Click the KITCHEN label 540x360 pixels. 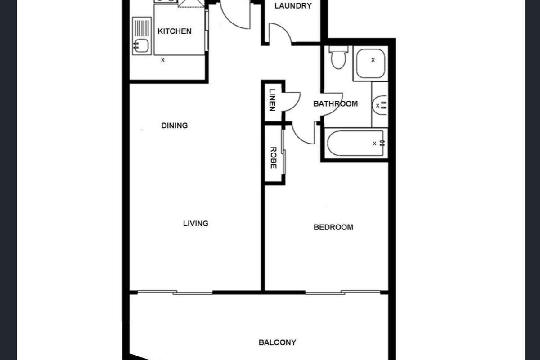pos(174,31)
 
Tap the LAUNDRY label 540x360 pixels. pos(293,6)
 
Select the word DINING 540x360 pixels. pos(174,126)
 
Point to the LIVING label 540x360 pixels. pos(196,223)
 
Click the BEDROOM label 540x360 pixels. pos(333,227)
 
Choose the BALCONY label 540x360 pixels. pos(277,342)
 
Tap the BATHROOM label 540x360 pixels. pos(335,103)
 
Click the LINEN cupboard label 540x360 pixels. pos(272,100)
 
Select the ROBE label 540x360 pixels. pos(273,158)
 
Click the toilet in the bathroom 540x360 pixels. pos(337,58)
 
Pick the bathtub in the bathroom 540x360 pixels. pos(355,143)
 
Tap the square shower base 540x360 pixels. pos(371,64)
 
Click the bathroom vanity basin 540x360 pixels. pos(380,105)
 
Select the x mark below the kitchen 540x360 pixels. pos(163,59)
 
